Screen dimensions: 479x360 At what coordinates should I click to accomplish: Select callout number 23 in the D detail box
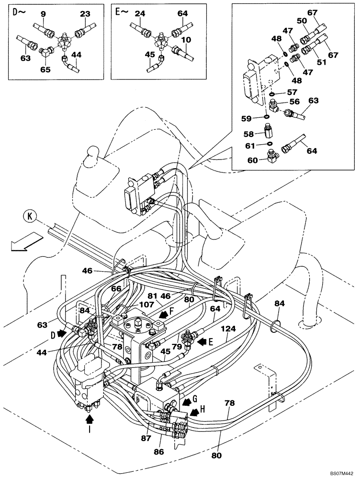tap(85, 15)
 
